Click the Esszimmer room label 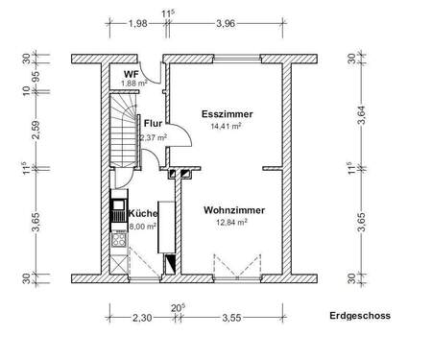coord(223,114)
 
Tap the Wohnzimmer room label coord(234,209)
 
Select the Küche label coord(131,214)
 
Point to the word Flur coord(153,123)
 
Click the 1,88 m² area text coord(132,84)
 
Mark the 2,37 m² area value coord(154,137)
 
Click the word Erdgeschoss coord(360,314)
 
